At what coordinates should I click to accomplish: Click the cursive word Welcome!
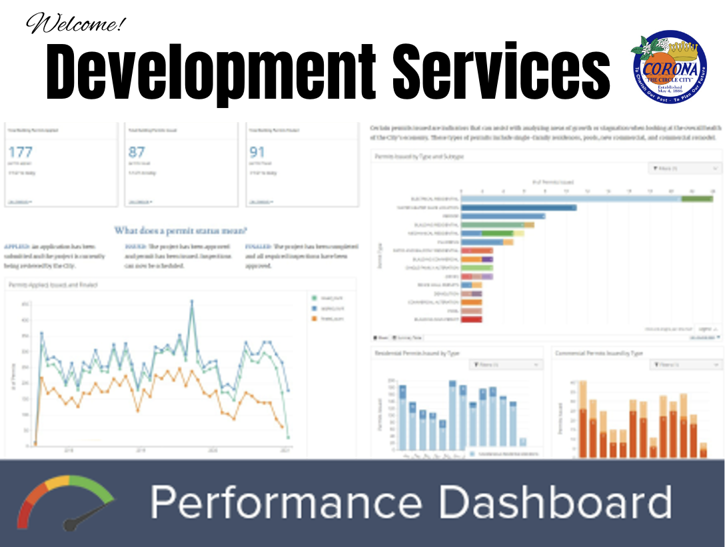pyautogui.click(x=74, y=25)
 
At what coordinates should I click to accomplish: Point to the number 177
pyautogui.click(x=19, y=153)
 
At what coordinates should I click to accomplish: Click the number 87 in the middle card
pyautogui.click(x=137, y=153)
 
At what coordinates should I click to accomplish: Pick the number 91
pyautogui.click(x=257, y=153)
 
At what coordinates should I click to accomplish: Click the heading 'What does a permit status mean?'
pyautogui.click(x=181, y=231)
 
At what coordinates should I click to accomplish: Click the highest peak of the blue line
pyautogui.click(x=192, y=302)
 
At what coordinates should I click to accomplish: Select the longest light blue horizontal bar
pyautogui.click(x=570, y=198)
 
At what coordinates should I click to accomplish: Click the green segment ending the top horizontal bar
pyautogui.click(x=696, y=198)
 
